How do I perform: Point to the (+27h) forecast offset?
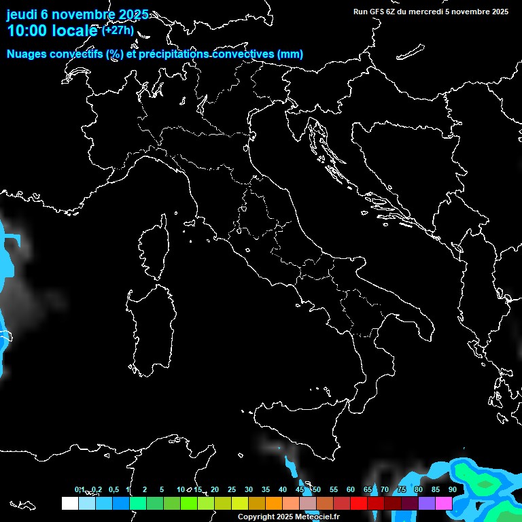click(x=118, y=30)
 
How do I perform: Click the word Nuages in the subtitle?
click(x=27, y=54)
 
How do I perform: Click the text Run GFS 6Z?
click(x=377, y=11)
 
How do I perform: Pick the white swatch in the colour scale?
click(x=69, y=503)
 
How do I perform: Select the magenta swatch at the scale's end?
click(x=444, y=503)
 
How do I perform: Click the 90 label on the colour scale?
click(x=453, y=489)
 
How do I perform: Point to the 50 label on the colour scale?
click(x=317, y=489)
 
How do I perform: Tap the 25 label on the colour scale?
click(x=232, y=489)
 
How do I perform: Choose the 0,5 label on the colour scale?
click(x=113, y=489)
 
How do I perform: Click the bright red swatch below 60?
click(x=359, y=503)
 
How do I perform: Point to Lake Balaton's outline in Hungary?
click(x=410, y=52)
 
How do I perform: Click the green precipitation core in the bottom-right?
click(x=484, y=483)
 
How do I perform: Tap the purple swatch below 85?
click(x=427, y=503)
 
